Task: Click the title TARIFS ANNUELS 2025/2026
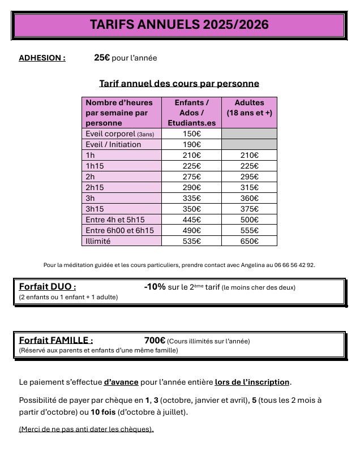(179, 25)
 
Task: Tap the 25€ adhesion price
(102, 58)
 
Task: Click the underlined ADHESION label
(42, 58)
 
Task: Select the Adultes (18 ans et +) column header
(249, 107)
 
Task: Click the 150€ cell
(191, 134)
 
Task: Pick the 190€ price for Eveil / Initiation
(191, 144)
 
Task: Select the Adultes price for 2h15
(249, 188)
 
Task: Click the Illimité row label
(98, 241)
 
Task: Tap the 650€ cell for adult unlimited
(249, 241)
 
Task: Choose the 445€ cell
(191, 220)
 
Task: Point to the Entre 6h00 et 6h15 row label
(119, 230)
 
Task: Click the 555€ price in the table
(249, 230)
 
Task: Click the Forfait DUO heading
(48, 286)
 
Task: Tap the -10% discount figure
(155, 287)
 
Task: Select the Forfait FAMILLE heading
(56, 340)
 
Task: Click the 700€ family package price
(155, 341)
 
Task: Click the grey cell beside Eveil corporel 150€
(249, 134)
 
